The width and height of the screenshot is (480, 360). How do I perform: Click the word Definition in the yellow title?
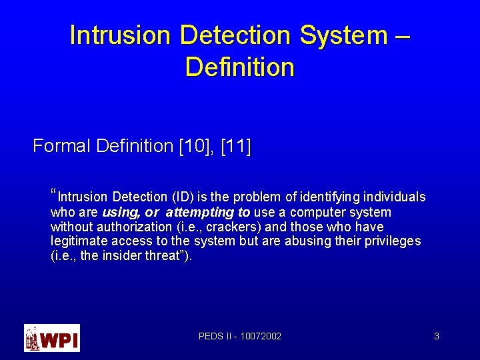pyautogui.click(x=239, y=67)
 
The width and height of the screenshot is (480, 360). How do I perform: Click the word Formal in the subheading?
pyautogui.click(x=62, y=145)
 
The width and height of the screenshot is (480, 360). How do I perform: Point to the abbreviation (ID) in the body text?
pyautogui.click(x=184, y=197)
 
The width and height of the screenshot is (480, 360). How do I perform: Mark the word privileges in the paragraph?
pyautogui.click(x=394, y=241)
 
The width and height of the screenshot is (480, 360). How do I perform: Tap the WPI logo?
pyautogui.click(x=52, y=337)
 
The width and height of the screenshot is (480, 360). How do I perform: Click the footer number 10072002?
pyautogui.click(x=260, y=337)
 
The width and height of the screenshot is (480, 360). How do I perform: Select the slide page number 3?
pyautogui.click(x=437, y=337)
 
